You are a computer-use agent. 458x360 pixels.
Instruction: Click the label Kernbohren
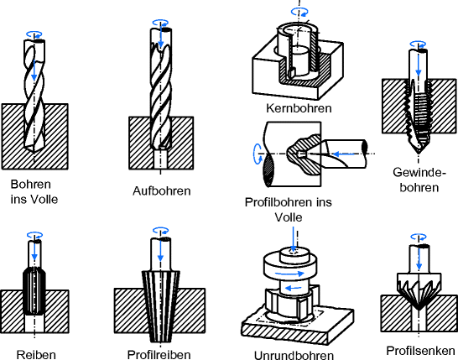click(x=299, y=108)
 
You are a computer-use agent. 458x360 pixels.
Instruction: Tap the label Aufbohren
click(x=162, y=190)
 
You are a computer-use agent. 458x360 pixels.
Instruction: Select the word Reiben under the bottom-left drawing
click(x=36, y=355)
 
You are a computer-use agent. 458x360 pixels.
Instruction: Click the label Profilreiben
click(x=159, y=355)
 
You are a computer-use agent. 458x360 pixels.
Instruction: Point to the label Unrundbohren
click(x=294, y=355)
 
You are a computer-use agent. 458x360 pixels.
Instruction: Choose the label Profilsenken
click(x=420, y=351)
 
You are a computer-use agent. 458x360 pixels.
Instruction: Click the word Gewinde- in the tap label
click(x=419, y=172)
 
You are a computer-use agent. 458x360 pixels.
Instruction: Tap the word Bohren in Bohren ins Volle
click(x=31, y=185)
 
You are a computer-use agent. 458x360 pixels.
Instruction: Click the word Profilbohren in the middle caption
click(x=278, y=202)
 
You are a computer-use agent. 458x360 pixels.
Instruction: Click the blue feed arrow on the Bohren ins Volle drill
click(x=34, y=70)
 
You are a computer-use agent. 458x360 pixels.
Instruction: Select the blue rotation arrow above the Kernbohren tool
click(x=300, y=12)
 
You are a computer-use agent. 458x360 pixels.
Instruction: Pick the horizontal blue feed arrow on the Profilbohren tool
click(x=344, y=154)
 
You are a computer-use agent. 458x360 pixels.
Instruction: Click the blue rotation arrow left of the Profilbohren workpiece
click(x=258, y=154)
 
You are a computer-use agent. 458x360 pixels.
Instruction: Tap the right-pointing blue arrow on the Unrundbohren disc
click(x=289, y=274)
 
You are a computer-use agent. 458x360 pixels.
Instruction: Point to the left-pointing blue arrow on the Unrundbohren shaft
click(x=293, y=289)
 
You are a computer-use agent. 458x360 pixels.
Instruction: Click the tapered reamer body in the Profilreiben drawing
click(x=161, y=306)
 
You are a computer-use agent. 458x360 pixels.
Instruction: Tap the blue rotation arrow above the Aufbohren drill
click(x=160, y=23)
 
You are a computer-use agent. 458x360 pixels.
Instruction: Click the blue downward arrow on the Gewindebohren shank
click(x=419, y=64)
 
